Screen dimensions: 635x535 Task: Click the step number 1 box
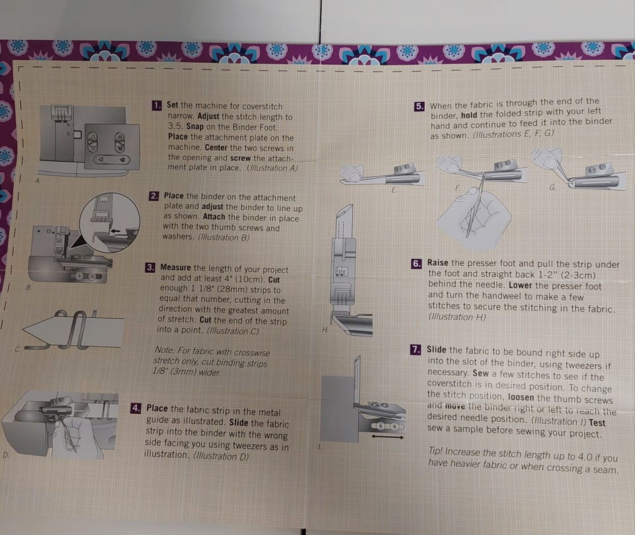click(x=157, y=106)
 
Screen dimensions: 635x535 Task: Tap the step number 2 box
click(x=154, y=196)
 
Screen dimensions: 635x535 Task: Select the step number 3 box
click(x=150, y=267)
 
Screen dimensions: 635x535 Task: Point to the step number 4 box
click(x=136, y=408)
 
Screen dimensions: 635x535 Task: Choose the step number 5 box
click(x=419, y=107)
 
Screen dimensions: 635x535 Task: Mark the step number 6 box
click(x=417, y=264)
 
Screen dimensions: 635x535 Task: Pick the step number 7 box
click(x=415, y=350)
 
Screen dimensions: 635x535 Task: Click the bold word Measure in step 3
click(x=175, y=267)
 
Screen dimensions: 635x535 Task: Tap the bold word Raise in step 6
click(x=438, y=263)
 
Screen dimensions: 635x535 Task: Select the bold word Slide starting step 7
click(x=436, y=350)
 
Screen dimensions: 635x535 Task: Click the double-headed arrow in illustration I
click(x=387, y=437)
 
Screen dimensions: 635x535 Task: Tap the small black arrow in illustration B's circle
click(x=115, y=230)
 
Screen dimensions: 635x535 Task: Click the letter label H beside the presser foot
click(x=325, y=330)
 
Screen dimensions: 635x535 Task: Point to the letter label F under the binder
click(x=457, y=188)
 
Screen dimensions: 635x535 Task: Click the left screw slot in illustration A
click(x=93, y=142)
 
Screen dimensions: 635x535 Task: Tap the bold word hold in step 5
click(x=469, y=115)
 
